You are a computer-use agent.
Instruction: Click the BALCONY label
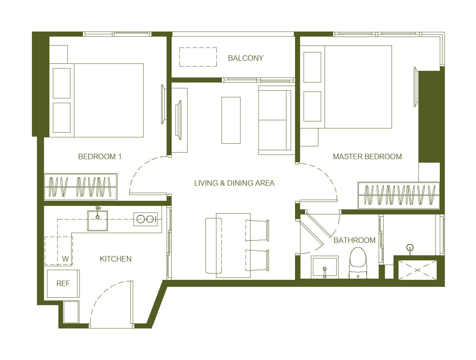[x=246, y=58]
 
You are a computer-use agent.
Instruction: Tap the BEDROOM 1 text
[x=100, y=156]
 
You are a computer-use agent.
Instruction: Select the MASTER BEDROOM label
[x=367, y=156]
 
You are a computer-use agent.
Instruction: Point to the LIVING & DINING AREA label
[x=234, y=183]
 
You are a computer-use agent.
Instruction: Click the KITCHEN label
[x=116, y=259]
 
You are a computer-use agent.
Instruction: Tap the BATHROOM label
[x=354, y=240]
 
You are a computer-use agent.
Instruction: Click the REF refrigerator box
[x=63, y=283]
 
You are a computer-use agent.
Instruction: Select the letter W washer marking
[x=65, y=258]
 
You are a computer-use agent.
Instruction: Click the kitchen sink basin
[x=98, y=221]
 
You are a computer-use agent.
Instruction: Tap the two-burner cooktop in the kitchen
[x=146, y=219]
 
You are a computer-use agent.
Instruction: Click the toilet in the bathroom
[x=358, y=263]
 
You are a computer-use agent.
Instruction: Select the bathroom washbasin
[x=325, y=267]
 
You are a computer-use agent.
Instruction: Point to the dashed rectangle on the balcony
[x=198, y=57]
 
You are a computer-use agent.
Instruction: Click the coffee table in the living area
[x=231, y=120]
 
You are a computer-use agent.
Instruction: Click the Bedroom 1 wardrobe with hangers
[x=81, y=187]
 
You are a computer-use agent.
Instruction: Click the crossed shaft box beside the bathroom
[x=418, y=270]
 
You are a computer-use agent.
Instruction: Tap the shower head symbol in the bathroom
[x=410, y=247]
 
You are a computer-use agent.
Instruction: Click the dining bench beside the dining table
[x=214, y=246]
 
